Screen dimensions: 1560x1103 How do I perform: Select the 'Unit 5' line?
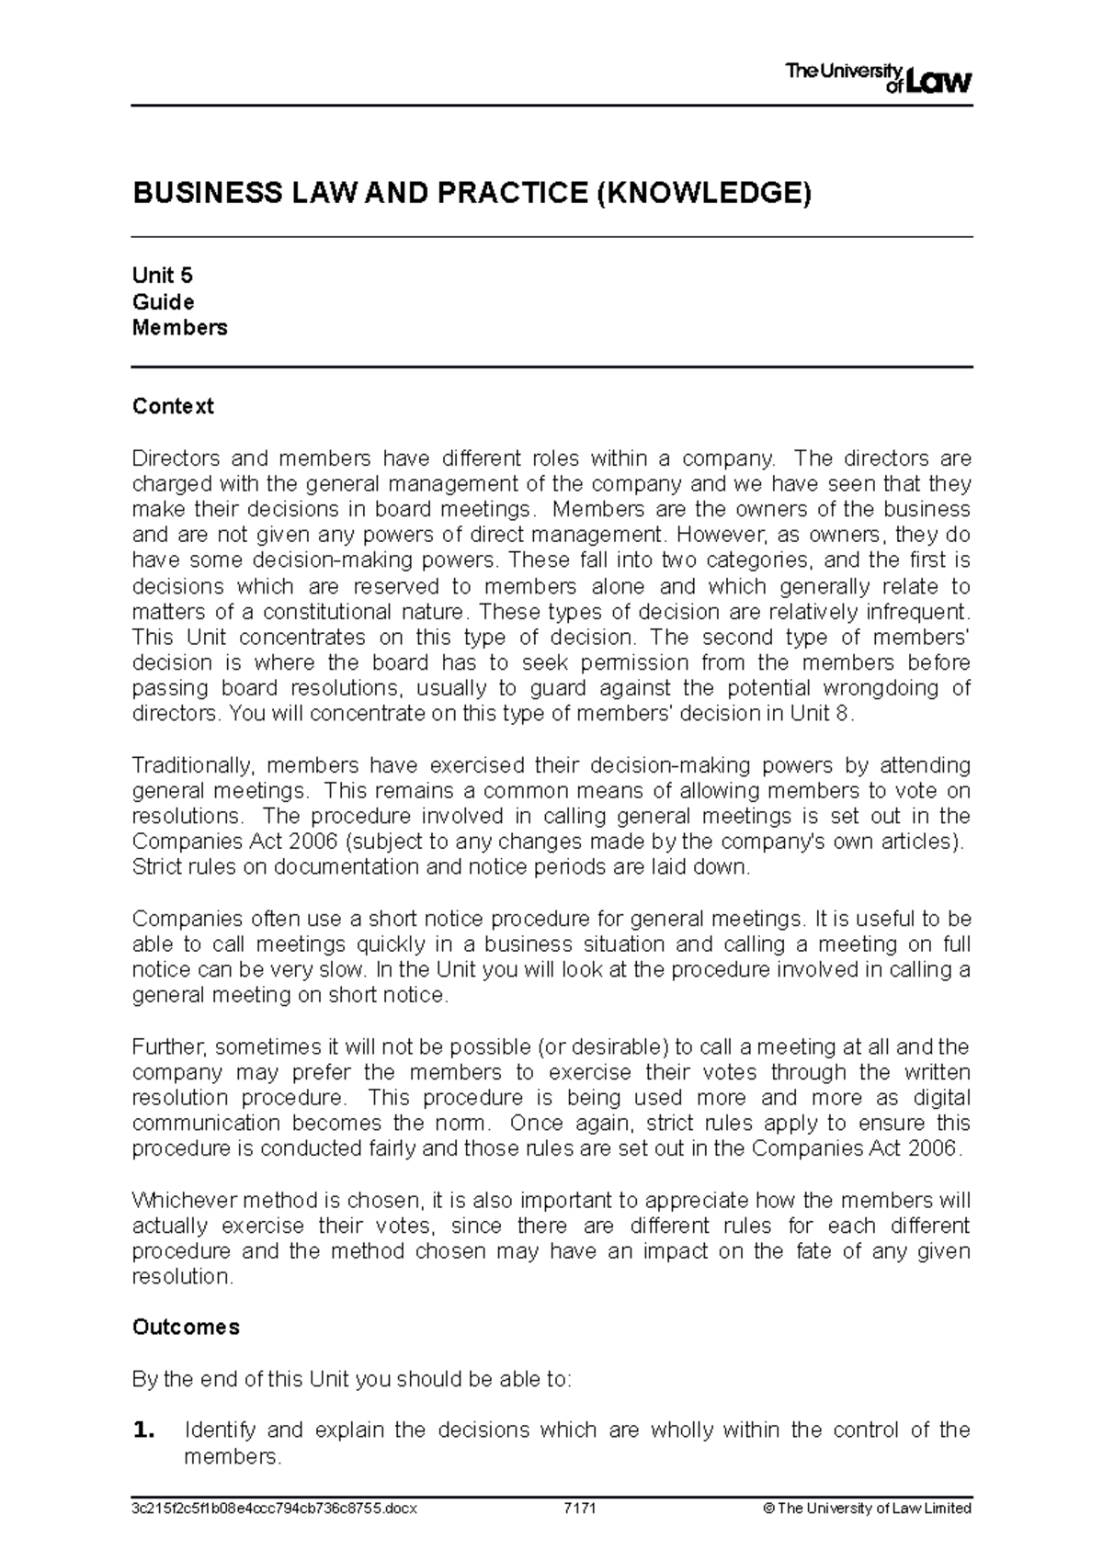[x=163, y=276]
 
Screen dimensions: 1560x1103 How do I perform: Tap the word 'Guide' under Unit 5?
[x=163, y=302]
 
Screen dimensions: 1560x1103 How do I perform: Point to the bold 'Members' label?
[x=179, y=328]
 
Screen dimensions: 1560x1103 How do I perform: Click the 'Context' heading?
[x=173, y=406]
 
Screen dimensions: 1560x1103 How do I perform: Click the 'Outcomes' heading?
[x=186, y=1328]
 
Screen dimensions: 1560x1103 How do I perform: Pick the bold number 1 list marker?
[x=143, y=1430]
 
